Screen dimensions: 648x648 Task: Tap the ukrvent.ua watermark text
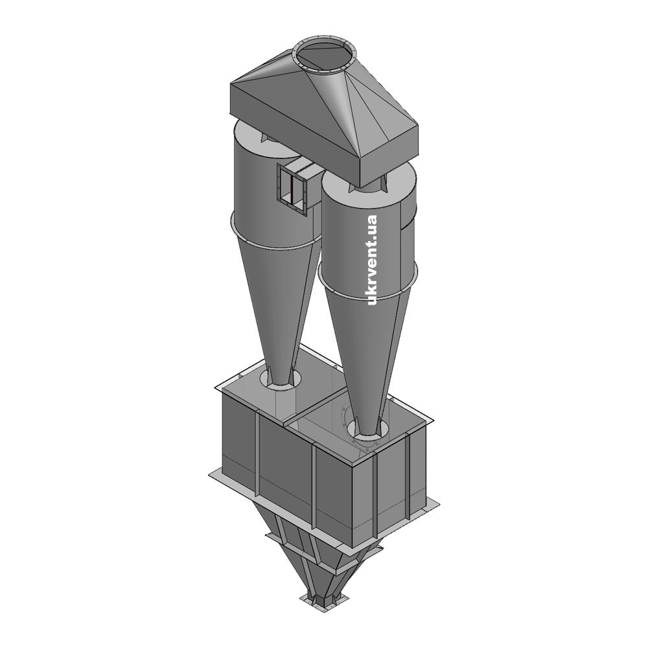(372, 260)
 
